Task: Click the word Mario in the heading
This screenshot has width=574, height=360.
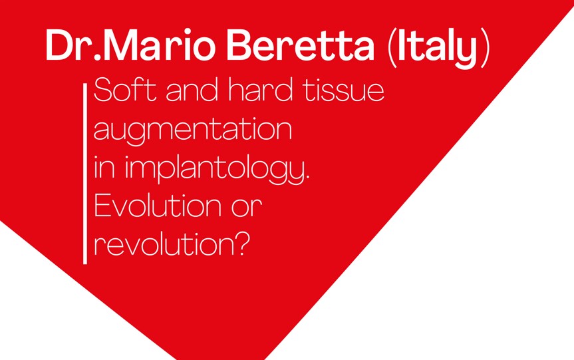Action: click(161, 45)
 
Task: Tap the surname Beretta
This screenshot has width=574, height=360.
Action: click(301, 45)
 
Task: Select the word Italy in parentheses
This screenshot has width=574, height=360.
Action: click(438, 47)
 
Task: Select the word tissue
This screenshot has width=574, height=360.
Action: click(344, 90)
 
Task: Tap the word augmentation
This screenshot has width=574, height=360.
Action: click(193, 130)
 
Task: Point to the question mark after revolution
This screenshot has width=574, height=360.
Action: click(241, 244)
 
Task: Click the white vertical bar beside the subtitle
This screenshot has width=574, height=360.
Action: click(85, 174)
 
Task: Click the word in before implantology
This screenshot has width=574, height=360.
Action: click(105, 168)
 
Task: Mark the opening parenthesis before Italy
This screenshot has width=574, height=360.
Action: click(391, 47)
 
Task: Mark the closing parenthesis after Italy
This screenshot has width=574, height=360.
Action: click(486, 47)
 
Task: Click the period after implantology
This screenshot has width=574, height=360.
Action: click(307, 176)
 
